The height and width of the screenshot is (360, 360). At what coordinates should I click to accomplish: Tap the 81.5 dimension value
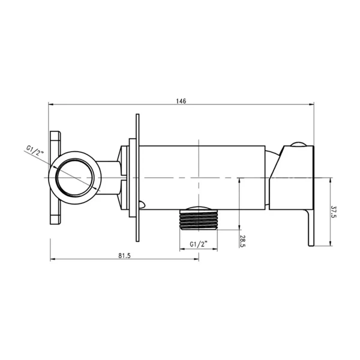click(x=124, y=254)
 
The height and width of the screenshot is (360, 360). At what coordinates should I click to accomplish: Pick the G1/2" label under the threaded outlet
click(x=198, y=244)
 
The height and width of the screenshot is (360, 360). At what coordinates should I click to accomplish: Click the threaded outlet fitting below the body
click(x=198, y=220)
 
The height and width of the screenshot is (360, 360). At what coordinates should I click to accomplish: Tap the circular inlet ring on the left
click(x=75, y=178)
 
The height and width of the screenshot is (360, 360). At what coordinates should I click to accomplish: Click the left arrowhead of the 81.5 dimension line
click(x=52, y=259)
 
